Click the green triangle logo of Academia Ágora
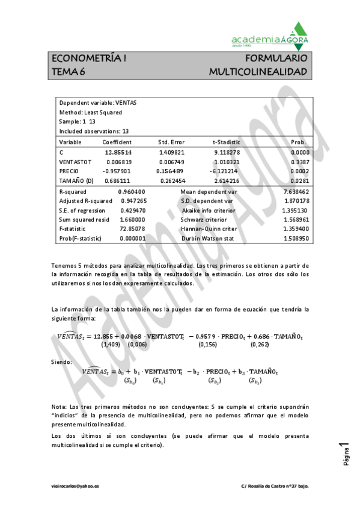point(299,31)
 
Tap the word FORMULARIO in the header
point(276,59)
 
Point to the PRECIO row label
point(69,171)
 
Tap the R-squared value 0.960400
point(132,191)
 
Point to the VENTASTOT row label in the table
point(75,161)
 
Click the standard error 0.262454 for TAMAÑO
point(174,180)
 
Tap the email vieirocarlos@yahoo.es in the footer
point(76,485)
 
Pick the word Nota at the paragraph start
point(59,407)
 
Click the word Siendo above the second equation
point(62,361)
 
